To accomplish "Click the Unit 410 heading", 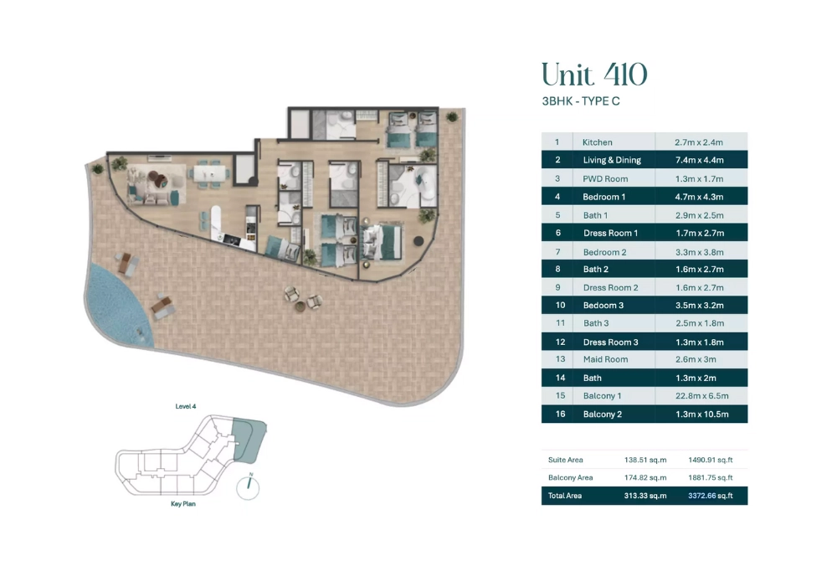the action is (x=594, y=75).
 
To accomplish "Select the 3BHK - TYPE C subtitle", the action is (x=581, y=101).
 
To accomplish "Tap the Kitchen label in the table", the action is (x=598, y=142).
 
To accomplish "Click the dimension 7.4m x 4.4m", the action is (x=699, y=160).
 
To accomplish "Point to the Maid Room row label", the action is (x=605, y=359).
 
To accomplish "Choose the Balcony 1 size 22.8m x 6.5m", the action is (x=702, y=395).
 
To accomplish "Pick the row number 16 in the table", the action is (x=560, y=414).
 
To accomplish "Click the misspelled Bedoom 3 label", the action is (x=603, y=306).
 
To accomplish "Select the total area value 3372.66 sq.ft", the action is (x=711, y=496).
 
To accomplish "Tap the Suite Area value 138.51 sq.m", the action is (x=645, y=460).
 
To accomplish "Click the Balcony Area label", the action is (x=571, y=478).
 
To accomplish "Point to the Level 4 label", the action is (x=186, y=406).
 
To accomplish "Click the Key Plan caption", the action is (x=183, y=504).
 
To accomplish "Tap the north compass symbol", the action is (x=249, y=486).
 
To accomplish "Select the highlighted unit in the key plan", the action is (x=249, y=440).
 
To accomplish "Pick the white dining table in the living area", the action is (x=210, y=173).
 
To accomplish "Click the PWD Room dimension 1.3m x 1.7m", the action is (x=699, y=179).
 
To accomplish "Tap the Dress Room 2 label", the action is (x=611, y=288).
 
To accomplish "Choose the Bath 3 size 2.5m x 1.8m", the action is (x=699, y=323).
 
